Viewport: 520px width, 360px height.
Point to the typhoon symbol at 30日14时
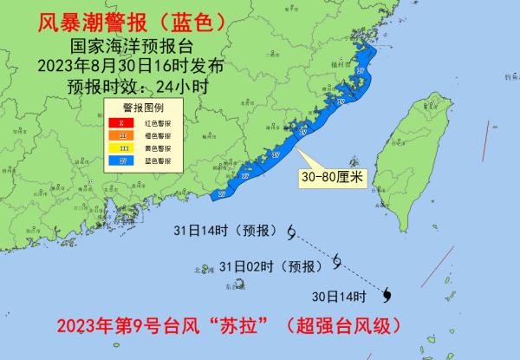click(x=387, y=294)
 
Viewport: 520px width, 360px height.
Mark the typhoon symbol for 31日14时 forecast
click(x=291, y=231)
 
